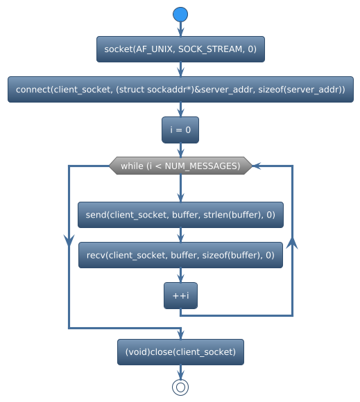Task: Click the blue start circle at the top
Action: [x=180, y=14]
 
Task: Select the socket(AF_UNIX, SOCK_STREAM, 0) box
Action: [x=180, y=49]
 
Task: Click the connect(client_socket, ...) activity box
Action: [x=180, y=90]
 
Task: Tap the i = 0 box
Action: [x=180, y=130]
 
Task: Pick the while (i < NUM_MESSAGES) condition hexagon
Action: [x=180, y=166]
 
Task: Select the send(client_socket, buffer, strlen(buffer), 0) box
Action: [x=180, y=216]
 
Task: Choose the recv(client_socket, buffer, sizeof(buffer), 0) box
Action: [x=180, y=256]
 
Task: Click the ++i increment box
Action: [x=180, y=296]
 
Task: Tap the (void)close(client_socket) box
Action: [x=180, y=352]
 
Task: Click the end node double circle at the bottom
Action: [x=180, y=387]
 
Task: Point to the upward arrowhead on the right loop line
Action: [x=292, y=243]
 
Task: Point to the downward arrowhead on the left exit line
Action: [x=69, y=240]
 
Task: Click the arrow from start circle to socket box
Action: [x=180, y=29]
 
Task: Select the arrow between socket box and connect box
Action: [x=180, y=70]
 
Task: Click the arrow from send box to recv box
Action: [x=180, y=236]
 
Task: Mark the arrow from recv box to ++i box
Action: [x=180, y=276]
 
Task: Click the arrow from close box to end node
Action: [x=180, y=372]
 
